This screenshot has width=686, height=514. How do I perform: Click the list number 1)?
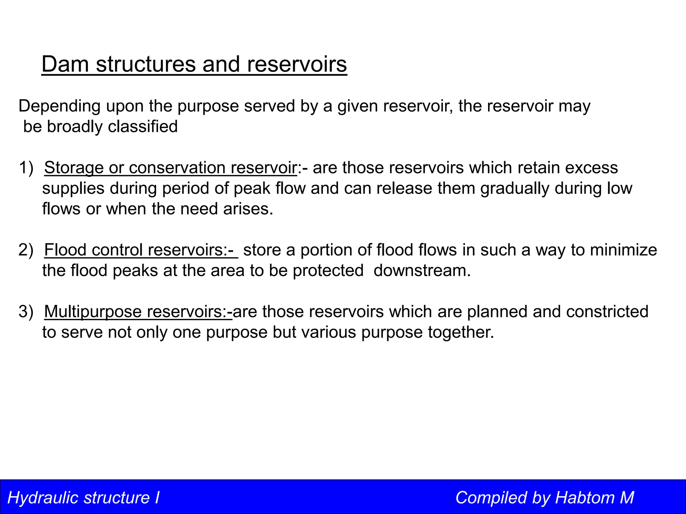coord(26,168)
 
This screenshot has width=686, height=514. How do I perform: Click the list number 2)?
coord(26,250)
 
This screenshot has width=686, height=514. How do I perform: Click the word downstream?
coord(422,270)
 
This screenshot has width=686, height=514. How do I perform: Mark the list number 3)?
coord(26,312)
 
